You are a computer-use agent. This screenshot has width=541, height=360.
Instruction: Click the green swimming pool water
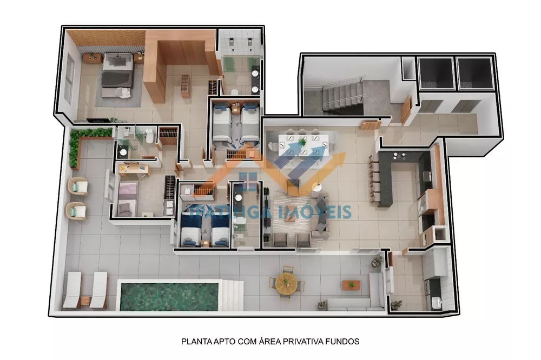168,296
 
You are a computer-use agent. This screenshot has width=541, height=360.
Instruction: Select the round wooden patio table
285,282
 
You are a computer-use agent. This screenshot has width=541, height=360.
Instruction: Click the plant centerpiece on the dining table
302,142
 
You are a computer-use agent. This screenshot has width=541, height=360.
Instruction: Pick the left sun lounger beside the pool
72,290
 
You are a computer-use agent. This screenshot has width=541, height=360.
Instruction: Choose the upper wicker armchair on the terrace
78,187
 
